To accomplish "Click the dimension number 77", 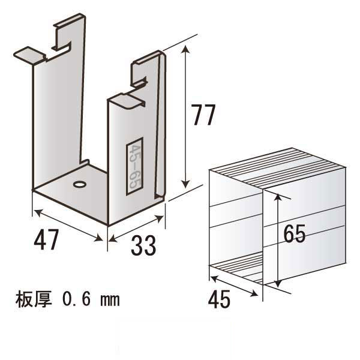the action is pyautogui.click(x=203, y=115).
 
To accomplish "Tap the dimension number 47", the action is pyautogui.click(x=46, y=239).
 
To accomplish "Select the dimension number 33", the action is pyautogui.click(x=143, y=245).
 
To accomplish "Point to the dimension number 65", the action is pyautogui.click(x=295, y=233).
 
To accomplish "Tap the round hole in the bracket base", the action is pyautogui.click(x=80, y=184).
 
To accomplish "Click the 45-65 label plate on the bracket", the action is pyautogui.click(x=134, y=166).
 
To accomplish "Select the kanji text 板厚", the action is pyautogui.click(x=34, y=299).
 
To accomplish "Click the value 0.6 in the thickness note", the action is pyautogui.click(x=76, y=299).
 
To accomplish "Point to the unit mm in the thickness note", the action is pyautogui.click(x=110, y=301).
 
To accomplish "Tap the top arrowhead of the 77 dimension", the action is pyautogui.click(x=185, y=49).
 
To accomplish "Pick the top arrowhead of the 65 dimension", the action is pyautogui.click(x=278, y=198).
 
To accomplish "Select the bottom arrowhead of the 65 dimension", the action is pyautogui.click(x=278, y=283).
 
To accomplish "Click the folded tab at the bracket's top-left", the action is pyautogui.click(x=29, y=55).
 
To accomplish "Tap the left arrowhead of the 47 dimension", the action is pyautogui.click(x=37, y=212).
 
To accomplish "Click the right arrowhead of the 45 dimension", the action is pyautogui.click(x=254, y=293).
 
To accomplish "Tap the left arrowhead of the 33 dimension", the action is pyautogui.click(x=113, y=239).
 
